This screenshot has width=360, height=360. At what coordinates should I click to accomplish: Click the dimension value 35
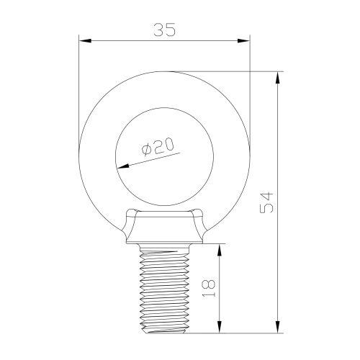[164, 30]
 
